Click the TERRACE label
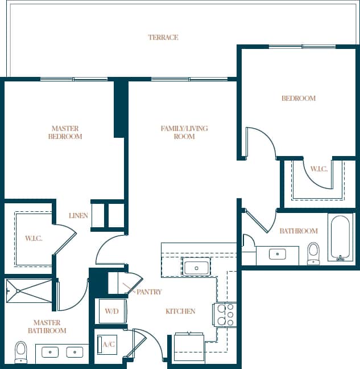pyautogui.click(x=163, y=38)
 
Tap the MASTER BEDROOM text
pyautogui.click(x=65, y=133)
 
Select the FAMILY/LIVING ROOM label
pyautogui.click(x=184, y=133)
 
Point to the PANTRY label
pyautogui.click(x=149, y=292)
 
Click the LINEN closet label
pyautogui.click(x=78, y=216)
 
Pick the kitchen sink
pyautogui.click(x=196, y=267)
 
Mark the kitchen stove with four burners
pyautogui.click(x=224, y=314)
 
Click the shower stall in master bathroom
pyautogui.click(x=29, y=290)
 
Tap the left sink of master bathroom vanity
pyautogui.click(x=51, y=352)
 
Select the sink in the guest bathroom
pyautogui.click(x=277, y=255)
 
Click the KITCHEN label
pyautogui.click(x=180, y=311)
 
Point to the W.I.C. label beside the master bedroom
pyautogui.click(x=34, y=238)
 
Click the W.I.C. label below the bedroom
pyautogui.click(x=318, y=169)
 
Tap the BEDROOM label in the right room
pyautogui.click(x=298, y=99)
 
